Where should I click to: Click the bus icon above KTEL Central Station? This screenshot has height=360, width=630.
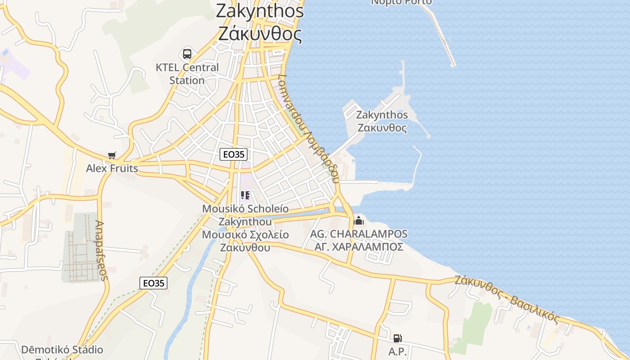click(187, 54)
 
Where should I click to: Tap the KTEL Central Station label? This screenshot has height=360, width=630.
click(187, 74)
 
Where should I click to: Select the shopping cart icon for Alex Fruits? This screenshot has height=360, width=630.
click(112, 156)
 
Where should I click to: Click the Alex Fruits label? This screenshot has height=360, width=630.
click(112, 168)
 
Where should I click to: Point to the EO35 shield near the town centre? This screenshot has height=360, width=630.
click(234, 154)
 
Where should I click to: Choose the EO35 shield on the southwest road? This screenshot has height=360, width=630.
click(153, 283)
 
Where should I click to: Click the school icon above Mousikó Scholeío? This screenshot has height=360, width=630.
click(245, 195)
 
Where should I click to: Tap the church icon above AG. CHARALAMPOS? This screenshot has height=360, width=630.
click(359, 220)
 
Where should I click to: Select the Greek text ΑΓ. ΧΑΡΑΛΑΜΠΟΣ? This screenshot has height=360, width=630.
click(359, 247)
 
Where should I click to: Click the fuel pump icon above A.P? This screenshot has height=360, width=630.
click(397, 338)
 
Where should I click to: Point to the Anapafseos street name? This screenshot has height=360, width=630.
click(102, 250)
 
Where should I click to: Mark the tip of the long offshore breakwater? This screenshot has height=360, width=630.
click(453, 64)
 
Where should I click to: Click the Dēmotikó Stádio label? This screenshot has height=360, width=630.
click(62, 350)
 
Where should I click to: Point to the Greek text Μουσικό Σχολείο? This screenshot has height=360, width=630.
click(245, 234)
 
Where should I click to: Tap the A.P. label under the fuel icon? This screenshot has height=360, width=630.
click(397, 351)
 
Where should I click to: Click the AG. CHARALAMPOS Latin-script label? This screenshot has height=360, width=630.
click(359, 234)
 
